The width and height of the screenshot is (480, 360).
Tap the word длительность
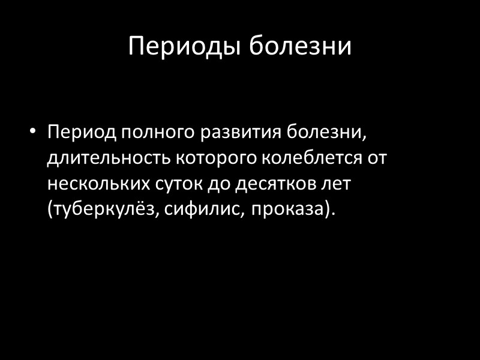tap(109, 158)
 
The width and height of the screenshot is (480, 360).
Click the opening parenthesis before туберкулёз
tap(50, 210)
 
